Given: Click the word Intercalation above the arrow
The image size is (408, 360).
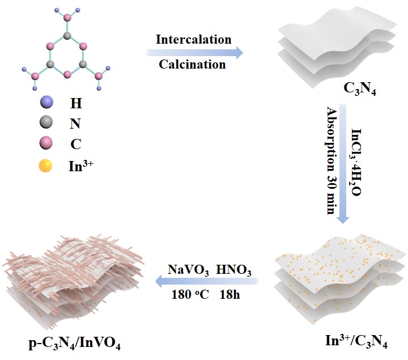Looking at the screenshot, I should point(194,40).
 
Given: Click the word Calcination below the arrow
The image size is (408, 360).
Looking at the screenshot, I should point(192,64).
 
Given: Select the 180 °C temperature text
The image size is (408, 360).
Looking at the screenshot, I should point(188,294).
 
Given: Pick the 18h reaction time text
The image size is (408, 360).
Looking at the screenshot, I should point(229,294).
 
